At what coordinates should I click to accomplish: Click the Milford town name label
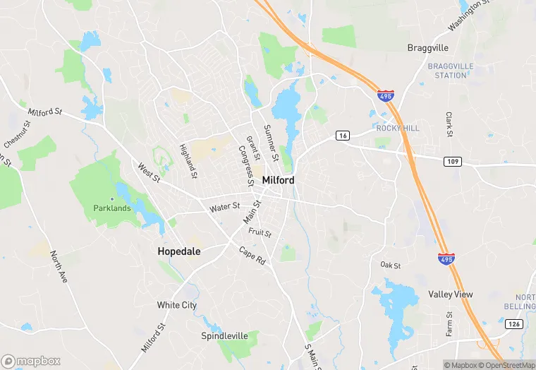point(278,180)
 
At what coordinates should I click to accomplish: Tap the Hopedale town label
point(178,251)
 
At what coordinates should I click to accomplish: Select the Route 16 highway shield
point(343,136)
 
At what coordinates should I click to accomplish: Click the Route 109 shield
point(453,162)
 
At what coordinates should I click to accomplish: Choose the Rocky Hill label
point(398,128)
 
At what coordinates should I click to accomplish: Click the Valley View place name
point(450,294)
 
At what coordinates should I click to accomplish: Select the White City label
point(177,305)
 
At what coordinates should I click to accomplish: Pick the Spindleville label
point(224,335)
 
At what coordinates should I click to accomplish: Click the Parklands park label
point(112,208)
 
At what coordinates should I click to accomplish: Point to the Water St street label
point(225,208)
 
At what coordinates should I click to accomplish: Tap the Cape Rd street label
point(252,256)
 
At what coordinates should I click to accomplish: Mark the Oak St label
point(391,265)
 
